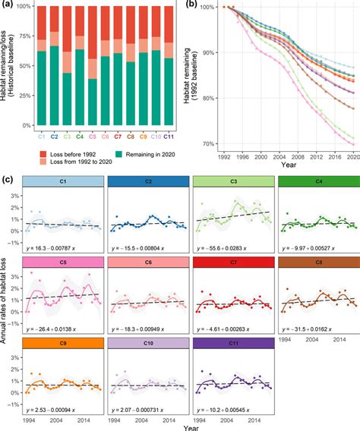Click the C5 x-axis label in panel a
point(92,136)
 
